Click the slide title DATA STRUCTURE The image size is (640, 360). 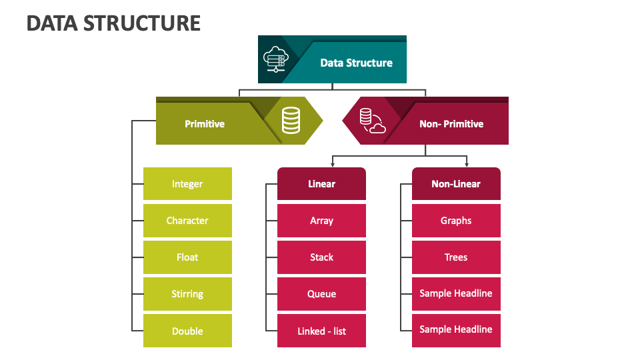pos(113,23)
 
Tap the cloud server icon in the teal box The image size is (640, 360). pos(275,59)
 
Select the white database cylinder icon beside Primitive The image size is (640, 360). pos(291,121)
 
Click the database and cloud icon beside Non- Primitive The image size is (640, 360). pos(372,121)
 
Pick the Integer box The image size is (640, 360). pos(187,184)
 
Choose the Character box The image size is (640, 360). pos(187,221)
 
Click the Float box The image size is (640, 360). pos(187,257)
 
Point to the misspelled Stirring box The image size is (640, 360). pos(187,294)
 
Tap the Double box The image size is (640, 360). pos(187,331)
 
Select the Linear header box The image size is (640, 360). pos(321,184)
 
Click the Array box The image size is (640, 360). pos(321,221)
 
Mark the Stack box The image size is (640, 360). pos(321,257)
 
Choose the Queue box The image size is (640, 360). pos(321,294)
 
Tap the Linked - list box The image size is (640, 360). pos(321,331)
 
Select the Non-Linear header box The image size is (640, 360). pos(456,184)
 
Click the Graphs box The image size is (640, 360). pos(456,221)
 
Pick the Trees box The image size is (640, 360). pos(456,257)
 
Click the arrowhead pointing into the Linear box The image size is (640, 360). pos(333,165)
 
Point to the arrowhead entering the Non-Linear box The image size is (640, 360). pos(467,165)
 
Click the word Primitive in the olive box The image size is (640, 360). pos(205,124)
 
